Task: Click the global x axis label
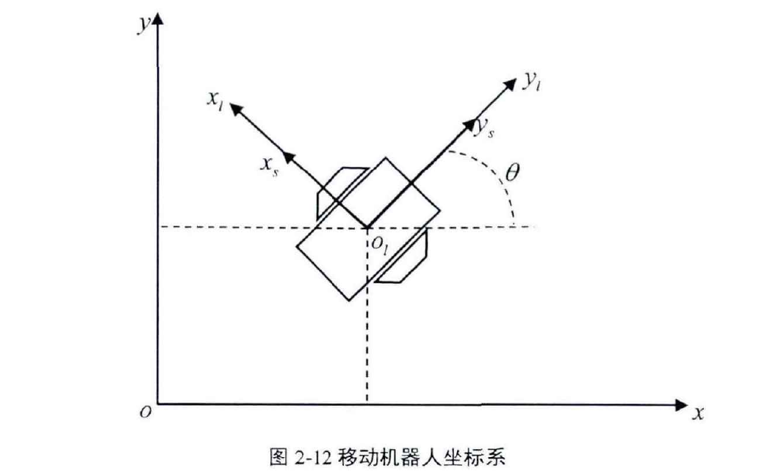point(697,414)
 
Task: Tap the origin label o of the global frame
point(146,414)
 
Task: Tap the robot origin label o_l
point(380,246)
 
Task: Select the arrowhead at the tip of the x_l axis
point(236,109)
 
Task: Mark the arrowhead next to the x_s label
point(289,157)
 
